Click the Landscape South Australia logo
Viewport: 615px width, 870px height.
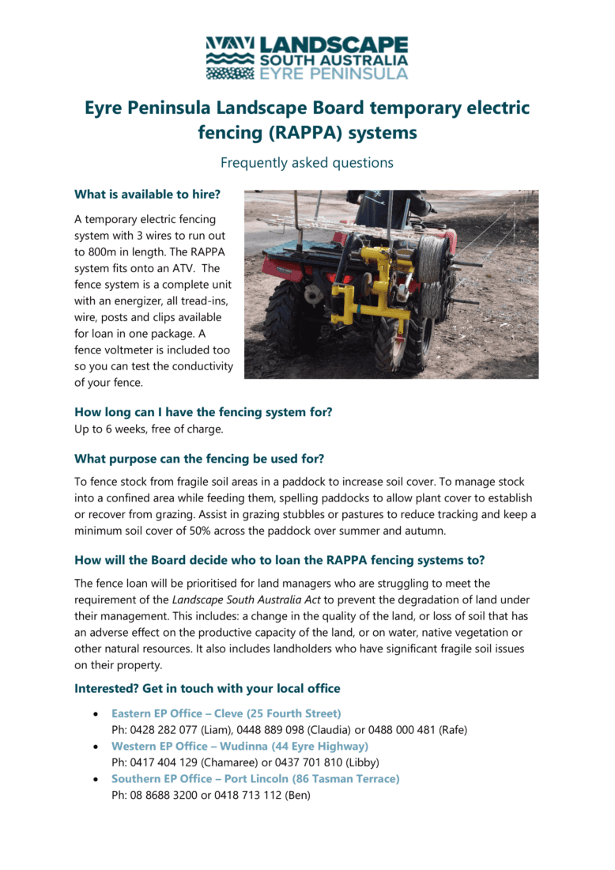[x=307, y=57]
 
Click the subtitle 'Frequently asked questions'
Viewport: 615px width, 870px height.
[x=307, y=163]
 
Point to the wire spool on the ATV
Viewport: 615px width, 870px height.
[x=432, y=269]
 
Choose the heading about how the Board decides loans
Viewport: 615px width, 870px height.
[x=279, y=560]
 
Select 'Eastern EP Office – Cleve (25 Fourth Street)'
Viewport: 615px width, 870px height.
[x=226, y=713]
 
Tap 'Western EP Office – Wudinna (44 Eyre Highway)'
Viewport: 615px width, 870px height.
[x=240, y=746]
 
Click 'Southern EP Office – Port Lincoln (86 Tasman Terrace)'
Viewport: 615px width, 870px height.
[x=255, y=779]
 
